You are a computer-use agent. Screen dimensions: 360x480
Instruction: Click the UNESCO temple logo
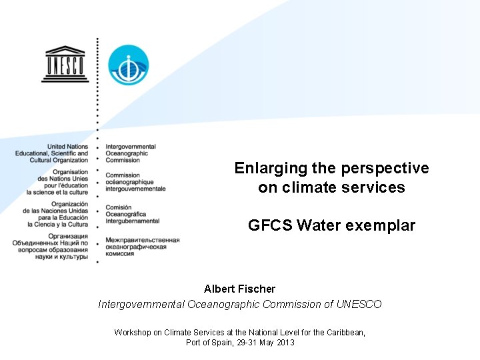point(65,64)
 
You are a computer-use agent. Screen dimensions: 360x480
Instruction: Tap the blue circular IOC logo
point(129,65)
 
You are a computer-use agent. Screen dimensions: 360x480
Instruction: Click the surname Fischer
point(255,289)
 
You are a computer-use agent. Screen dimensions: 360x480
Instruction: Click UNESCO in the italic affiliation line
point(359,304)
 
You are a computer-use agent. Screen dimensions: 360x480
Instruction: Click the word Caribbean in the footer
point(344,332)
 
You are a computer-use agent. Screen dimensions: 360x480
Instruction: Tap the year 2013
point(284,343)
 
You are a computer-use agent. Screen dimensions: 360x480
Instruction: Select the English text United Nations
point(67,147)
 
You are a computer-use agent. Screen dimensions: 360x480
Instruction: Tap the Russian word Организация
point(69,236)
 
